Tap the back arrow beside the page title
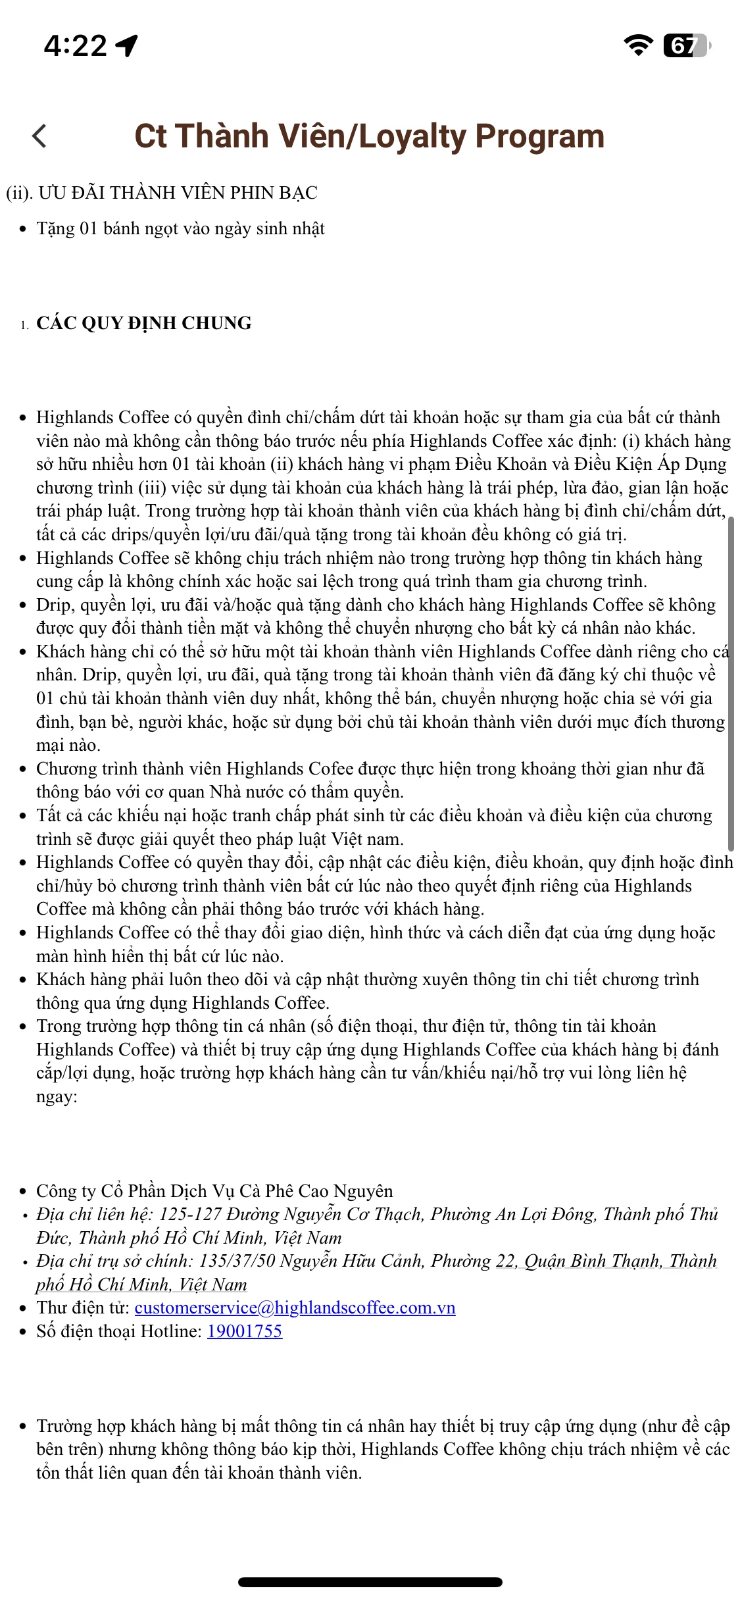(x=39, y=136)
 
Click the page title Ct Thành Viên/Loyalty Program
(x=369, y=136)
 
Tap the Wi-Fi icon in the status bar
(x=637, y=45)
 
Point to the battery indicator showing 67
(x=686, y=45)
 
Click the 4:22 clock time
(x=75, y=45)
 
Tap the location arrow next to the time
(x=127, y=45)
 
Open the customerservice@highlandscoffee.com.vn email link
(x=295, y=1308)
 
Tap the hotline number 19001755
(x=245, y=1331)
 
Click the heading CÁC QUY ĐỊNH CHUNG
(x=144, y=323)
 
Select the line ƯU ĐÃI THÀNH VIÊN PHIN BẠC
(x=178, y=193)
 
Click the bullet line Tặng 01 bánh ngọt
(x=180, y=229)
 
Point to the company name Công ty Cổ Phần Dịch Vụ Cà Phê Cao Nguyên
(x=214, y=1191)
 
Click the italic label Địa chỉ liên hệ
(x=94, y=1214)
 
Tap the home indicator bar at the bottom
(x=370, y=1582)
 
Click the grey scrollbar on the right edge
(x=731, y=684)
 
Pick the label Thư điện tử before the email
(x=83, y=1308)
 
